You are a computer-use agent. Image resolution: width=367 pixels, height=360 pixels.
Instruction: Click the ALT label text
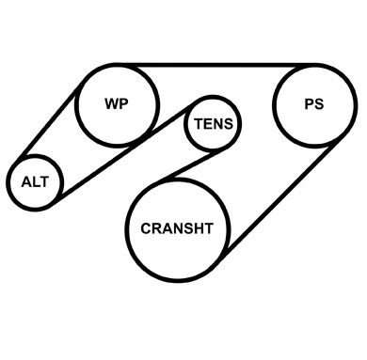35,182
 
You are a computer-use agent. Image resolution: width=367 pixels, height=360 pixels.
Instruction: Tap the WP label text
117,103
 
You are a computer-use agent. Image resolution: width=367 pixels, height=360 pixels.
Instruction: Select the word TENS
214,124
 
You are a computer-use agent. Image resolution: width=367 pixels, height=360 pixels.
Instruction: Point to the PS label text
314,104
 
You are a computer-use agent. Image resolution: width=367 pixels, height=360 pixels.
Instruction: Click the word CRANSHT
177,228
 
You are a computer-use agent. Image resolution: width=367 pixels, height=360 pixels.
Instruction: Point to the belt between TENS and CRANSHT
191,166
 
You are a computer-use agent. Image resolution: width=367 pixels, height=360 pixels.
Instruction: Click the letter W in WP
112,103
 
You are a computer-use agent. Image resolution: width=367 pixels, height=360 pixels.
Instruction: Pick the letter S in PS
319,104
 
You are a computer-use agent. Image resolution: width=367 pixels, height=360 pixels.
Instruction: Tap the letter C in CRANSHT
146,228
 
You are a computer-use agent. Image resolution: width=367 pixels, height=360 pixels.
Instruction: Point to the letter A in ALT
26,182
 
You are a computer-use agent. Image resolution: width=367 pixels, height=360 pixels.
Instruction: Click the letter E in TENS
208,124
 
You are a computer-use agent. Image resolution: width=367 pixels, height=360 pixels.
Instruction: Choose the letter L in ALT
36,182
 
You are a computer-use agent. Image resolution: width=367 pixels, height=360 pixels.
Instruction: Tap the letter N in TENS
217,124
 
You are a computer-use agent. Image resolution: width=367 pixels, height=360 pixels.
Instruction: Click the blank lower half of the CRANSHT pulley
177,256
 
